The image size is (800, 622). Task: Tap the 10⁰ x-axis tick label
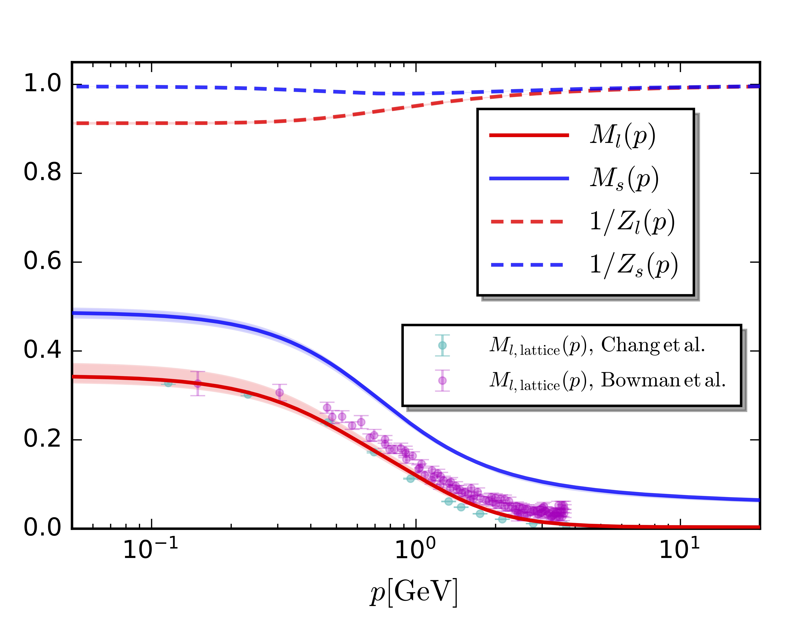coord(415,549)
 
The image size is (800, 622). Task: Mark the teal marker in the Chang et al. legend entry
coord(443,345)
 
